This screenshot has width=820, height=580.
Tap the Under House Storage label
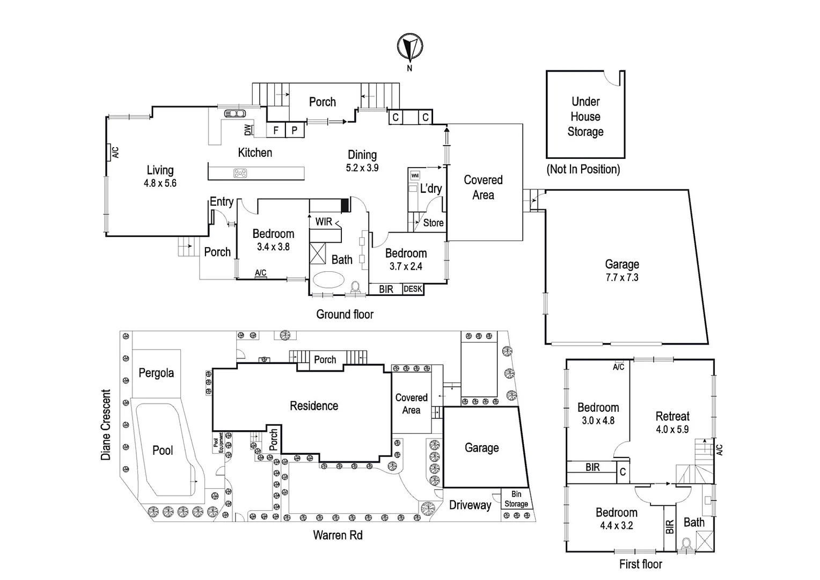click(x=585, y=117)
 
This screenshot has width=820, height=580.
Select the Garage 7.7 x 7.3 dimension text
click(x=621, y=278)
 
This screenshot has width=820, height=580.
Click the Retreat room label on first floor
click(x=672, y=416)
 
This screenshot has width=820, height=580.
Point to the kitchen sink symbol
click(x=235, y=113)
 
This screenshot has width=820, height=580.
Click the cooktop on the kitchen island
click(x=240, y=173)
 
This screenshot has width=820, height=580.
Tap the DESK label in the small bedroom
click(x=413, y=289)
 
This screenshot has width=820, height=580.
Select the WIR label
click(x=324, y=222)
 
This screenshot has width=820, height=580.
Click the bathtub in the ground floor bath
click(x=328, y=280)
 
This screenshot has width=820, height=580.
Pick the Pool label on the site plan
click(x=163, y=450)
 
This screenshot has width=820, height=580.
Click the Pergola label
click(x=156, y=373)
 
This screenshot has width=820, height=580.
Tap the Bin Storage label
click(x=516, y=499)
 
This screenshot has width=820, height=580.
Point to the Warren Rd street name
click(x=338, y=535)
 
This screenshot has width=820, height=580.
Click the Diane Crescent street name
click(x=106, y=425)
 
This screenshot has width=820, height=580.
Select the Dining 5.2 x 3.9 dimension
click(x=362, y=168)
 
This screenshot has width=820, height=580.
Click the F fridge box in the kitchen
click(x=276, y=130)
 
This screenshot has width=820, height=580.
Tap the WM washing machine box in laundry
click(x=414, y=176)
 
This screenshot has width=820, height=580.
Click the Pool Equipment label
click(x=219, y=442)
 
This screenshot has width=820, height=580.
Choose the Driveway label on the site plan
click(x=470, y=505)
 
